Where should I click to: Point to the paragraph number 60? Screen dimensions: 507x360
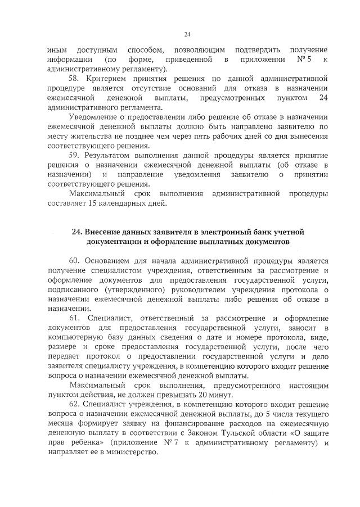pyautogui.click(x=75, y=262)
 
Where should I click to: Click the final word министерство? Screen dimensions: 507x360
pyautogui.click(x=136, y=454)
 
